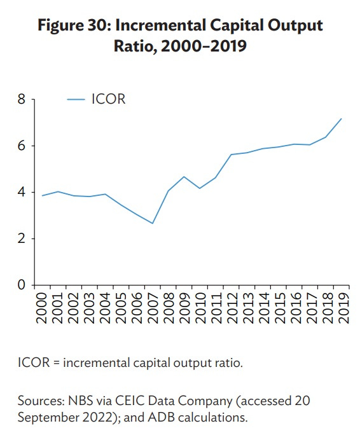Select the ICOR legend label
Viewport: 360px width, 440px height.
[108, 99]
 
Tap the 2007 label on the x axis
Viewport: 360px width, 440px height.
[153, 307]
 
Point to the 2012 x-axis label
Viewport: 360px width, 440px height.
[231, 307]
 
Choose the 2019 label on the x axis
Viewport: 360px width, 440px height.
[342, 307]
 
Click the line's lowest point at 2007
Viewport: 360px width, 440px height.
[153, 223]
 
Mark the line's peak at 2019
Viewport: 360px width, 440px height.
[342, 118]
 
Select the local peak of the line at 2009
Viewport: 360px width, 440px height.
[184, 177]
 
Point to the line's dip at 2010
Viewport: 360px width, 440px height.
[200, 188]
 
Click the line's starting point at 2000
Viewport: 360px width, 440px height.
[43, 196]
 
